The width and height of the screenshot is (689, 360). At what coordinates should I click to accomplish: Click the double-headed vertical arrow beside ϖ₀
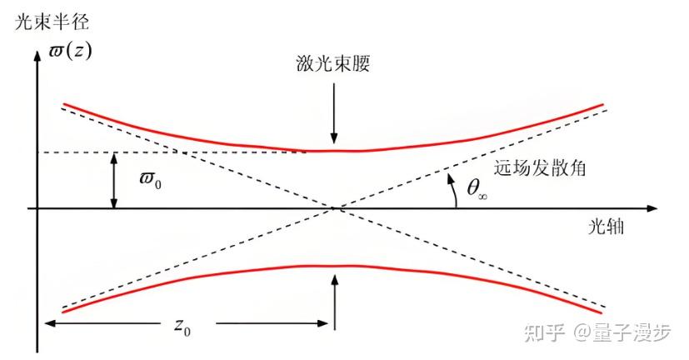(113, 180)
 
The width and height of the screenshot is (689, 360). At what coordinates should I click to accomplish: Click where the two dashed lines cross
(333, 207)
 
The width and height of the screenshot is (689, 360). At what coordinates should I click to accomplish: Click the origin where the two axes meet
(37, 207)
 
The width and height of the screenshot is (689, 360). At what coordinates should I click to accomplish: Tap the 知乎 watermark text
(542, 332)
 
